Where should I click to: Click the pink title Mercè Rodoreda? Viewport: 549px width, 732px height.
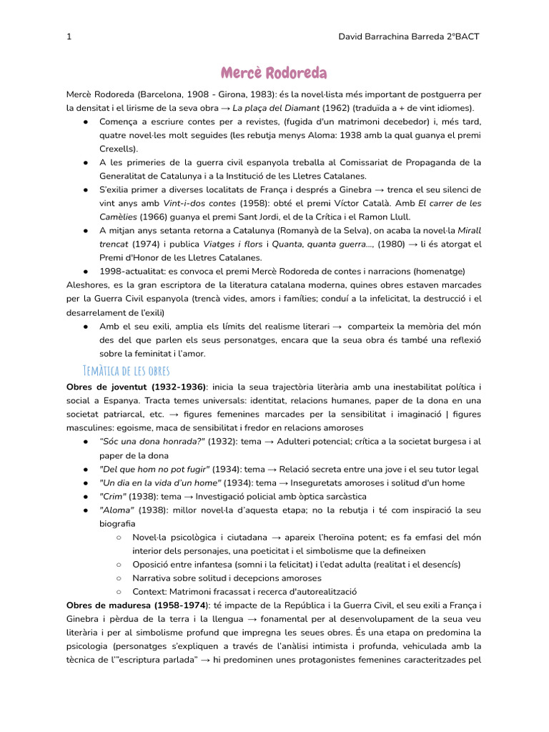coord(274,73)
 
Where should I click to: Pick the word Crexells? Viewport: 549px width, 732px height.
coord(119,149)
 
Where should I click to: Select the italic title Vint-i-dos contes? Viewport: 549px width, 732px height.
coord(198,203)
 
